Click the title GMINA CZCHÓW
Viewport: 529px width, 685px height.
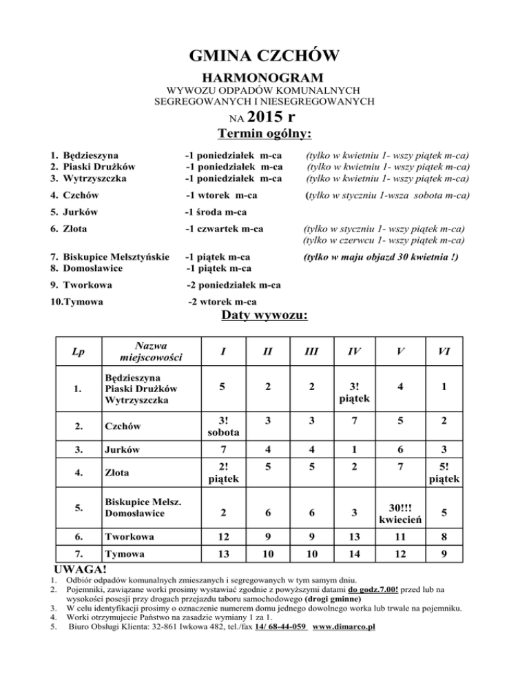pyautogui.click(x=264, y=54)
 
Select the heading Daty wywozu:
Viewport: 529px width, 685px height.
pyautogui.click(x=264, y=316)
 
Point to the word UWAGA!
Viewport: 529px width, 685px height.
pyautogui.click(x=80, y=569)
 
